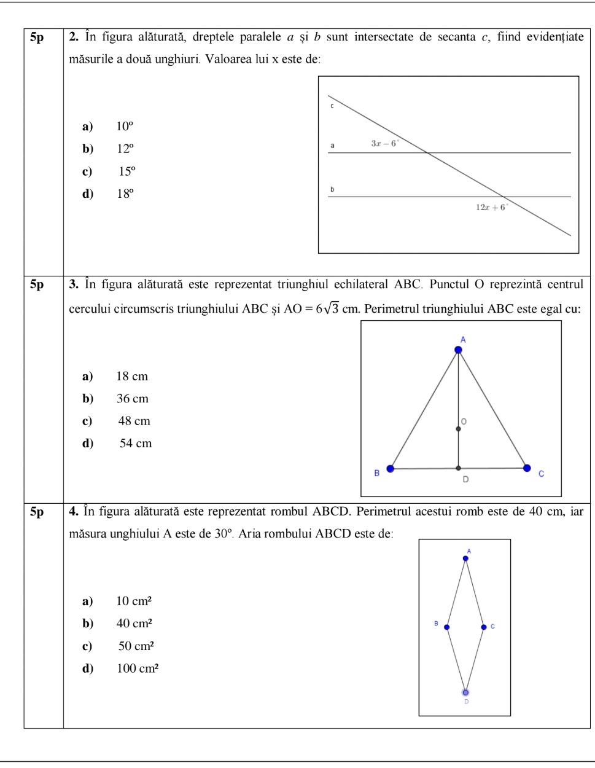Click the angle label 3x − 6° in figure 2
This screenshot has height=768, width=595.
coord(385,143)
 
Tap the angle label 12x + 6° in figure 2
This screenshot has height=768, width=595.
coord(492,208)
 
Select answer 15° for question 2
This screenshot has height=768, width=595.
coord(126,171)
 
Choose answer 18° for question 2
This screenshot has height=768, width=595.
coord(125,194)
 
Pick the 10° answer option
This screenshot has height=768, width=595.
coord(125,127)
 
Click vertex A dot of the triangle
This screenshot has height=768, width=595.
coord(458,350)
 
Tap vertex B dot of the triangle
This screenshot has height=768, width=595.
coord(390,469)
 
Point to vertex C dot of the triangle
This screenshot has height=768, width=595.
coord(527,468)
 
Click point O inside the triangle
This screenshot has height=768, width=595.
coord(458,429)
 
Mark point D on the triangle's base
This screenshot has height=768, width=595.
coord(458,468)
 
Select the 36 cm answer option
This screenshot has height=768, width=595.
coord(133,399)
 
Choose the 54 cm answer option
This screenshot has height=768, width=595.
coord(135,444)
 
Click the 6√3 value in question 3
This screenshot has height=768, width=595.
coord(327,309)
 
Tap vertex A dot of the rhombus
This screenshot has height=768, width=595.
coord(465,558)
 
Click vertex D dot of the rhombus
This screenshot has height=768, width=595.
coord(465,692)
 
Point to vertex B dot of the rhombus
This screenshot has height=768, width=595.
coord(446,627)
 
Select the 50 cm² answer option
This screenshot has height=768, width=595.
coord(136,646)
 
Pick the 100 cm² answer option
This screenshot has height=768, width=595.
coord(138,669)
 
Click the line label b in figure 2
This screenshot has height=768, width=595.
coord(332,189)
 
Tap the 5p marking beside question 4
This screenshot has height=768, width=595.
coord(37,512)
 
